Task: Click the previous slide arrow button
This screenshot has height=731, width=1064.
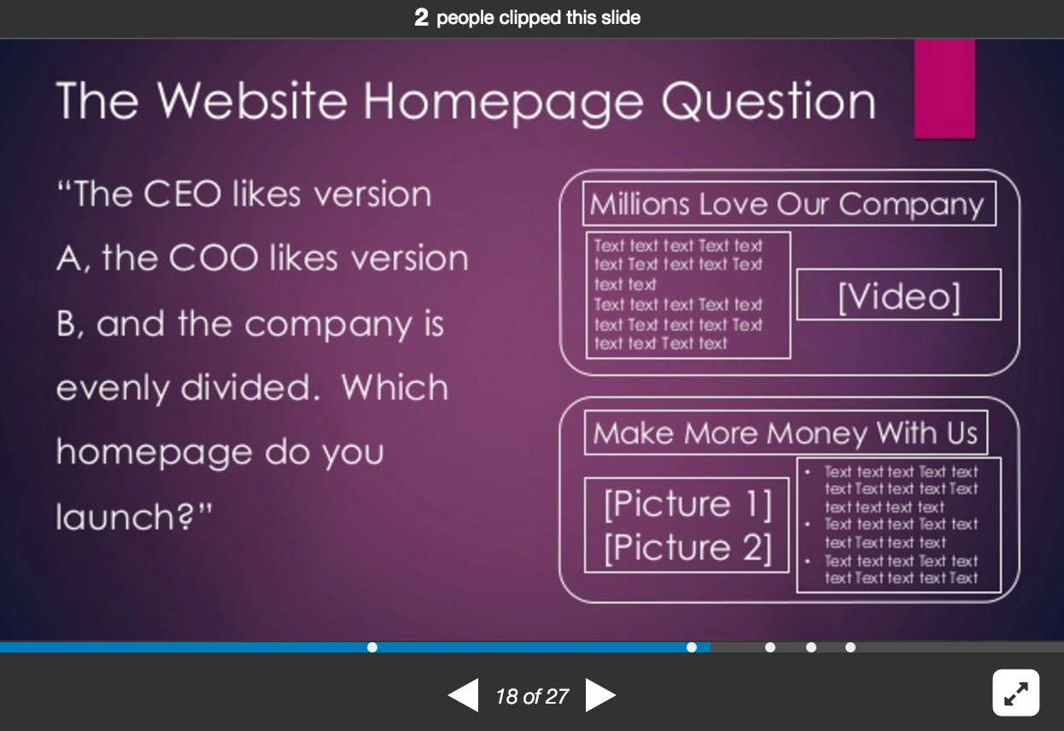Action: (x=463, y=695)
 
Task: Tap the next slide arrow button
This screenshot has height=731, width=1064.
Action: (x=600, y=695)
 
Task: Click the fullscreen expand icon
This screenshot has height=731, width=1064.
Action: (x=1015, y=693)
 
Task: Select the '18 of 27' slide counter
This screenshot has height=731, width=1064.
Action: (x=532, y=696)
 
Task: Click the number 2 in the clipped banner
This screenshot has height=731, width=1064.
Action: (x=421, y=18)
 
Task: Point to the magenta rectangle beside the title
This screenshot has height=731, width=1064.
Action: (x=944, y=89)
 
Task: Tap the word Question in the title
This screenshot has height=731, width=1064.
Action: (x=768, y=101)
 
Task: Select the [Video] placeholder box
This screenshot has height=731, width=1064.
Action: (x=898, y=295)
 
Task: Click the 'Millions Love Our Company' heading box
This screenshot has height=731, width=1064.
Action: (x=789, y=204)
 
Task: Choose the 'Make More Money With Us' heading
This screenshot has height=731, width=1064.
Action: (x=786, y=433)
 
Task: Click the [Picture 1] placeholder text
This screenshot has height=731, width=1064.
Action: (x=687, y=504)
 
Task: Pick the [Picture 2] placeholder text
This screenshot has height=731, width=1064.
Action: (x=687, y=547)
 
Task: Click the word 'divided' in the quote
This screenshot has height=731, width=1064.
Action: (x=245, y=386)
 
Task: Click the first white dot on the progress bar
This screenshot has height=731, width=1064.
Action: (x=372, y=647)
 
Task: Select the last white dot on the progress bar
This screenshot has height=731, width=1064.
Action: (x=851, y=647)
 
